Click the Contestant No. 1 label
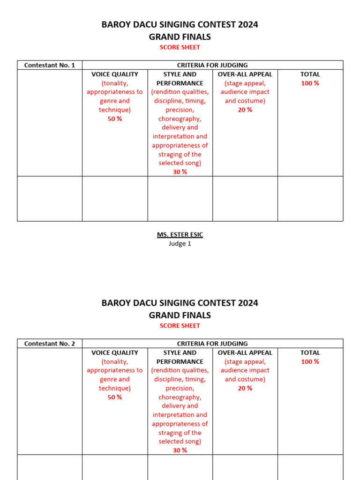tap(50, 65)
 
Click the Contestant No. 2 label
tap(50, 344)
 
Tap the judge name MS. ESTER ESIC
tap(180, 234)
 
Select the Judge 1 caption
tap(180, 243)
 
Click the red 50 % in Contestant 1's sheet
tap(115, 119)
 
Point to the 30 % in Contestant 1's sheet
tap(180, 172)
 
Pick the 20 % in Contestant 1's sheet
tap(245, 110)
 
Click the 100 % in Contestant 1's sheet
tap(310, 83)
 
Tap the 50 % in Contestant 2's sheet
tap(115, 397)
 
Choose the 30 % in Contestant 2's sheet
tap(180, 450)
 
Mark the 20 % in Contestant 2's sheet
tap(245, 388)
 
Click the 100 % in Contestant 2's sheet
tap(310, 361)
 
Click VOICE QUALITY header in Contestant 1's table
tap(115, 74)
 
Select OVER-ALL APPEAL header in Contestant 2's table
tap(245, 352)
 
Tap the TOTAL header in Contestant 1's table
tap(310, 74)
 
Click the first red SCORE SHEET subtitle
tap(180, 47)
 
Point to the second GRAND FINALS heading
tap(180, 315)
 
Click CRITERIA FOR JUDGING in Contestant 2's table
tap(212, 344)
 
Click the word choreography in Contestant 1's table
tap(180, 119)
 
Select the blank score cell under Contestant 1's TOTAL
tap(310, 198)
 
